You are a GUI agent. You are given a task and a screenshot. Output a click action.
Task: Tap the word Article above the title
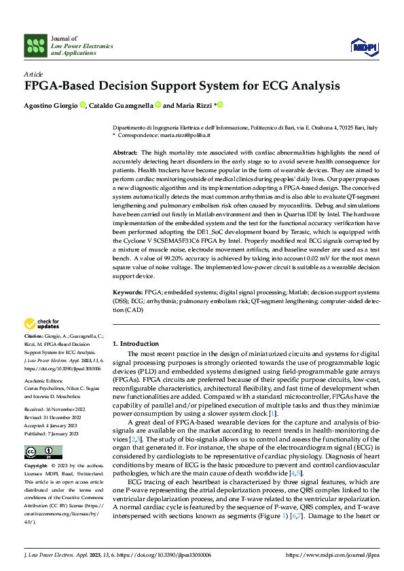coord(33,73)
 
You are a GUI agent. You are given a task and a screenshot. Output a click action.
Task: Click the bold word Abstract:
coord(125,154)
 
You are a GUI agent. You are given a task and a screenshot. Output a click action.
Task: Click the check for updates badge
coord(42,324)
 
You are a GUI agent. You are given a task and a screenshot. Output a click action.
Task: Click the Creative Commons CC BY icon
coord(43,452)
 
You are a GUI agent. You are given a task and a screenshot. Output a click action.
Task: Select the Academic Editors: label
coord(43,381)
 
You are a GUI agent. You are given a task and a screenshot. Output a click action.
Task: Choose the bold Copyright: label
coord(36,467)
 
